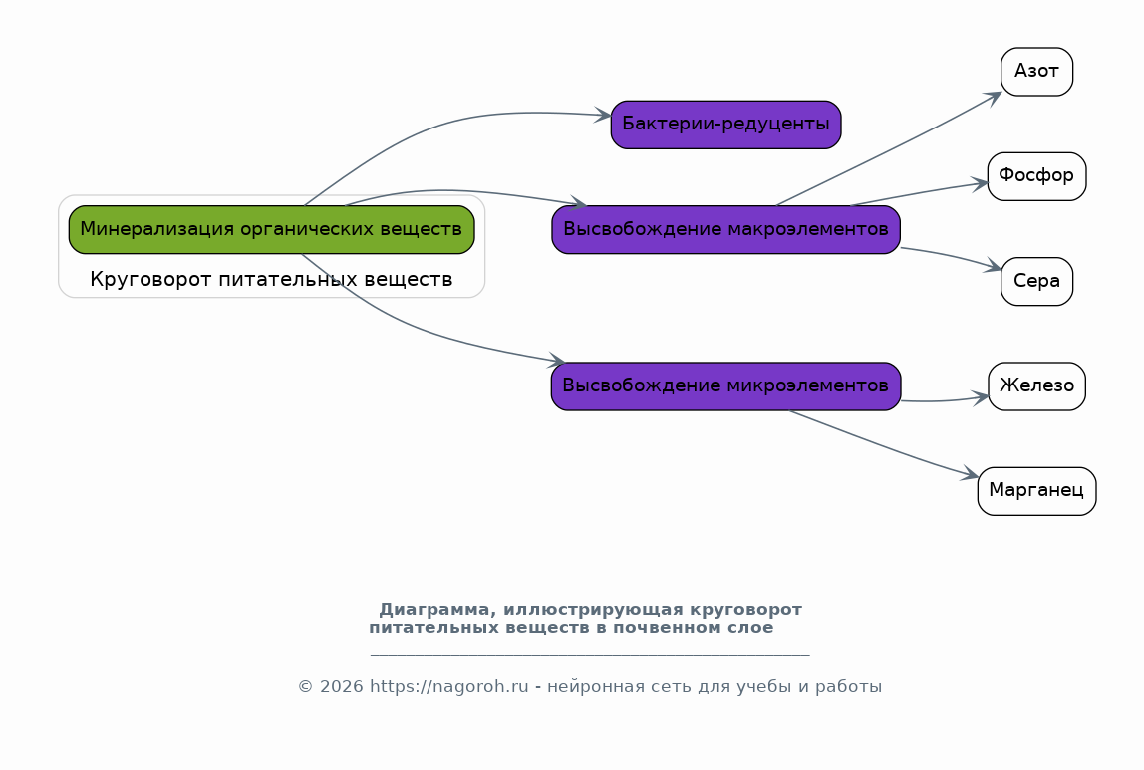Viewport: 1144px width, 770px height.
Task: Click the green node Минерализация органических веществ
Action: pos(271,230)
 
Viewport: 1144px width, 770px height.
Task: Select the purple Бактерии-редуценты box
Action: pos(725,125)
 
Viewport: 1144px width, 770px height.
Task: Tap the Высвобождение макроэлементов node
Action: pos(725,230)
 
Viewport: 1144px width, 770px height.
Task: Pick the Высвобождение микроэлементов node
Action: pos(725,386)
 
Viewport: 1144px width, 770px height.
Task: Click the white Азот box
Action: pos(1036,72)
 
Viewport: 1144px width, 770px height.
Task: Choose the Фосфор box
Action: pos(1036,176)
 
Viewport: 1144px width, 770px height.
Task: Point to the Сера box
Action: pos(1036,282)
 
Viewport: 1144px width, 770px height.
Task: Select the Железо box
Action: pos(1036,386)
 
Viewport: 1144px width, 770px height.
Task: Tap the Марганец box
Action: pos(1036,491)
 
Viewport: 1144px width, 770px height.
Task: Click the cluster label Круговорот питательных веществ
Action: pos(271,279)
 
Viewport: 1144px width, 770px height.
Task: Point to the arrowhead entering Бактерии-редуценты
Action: pos(603,115)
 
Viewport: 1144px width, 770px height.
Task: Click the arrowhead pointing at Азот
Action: pos(993,97)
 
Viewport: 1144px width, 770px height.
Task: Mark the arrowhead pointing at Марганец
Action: pos(970,474)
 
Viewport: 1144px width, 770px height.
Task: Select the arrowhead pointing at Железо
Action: pos(981,398)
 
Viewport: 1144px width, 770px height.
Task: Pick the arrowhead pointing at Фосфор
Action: pos(980,183)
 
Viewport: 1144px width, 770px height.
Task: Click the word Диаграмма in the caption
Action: pos(437,610)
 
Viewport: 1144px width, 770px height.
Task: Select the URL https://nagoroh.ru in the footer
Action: pos(448,687)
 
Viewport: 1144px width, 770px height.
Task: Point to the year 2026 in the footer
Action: pos(341,687)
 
